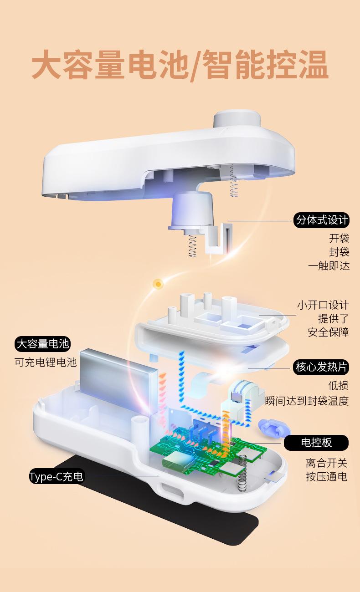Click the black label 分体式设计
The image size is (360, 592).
pyautogui.click(x=322, y=221)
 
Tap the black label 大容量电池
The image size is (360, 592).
pyautogui.click(x=43, y=343)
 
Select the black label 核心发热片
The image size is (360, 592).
pyautogui.click(x=322, y=367)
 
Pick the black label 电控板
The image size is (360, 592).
pyautogui.click(x=316, y=442)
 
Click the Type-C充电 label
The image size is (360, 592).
pyautogui.click(x=57, y=476)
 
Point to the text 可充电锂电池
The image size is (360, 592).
pyautogui.click(x=46, y=362)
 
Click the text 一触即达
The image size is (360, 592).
pyautogui.click(x=329, y=266)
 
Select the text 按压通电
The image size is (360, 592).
pyautogui.click(x=326, y=477)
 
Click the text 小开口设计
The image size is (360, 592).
pyautogui.click(x=323, y=305)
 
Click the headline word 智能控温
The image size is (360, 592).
pyautogui.click(x=264, y=66)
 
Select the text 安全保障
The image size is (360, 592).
pyautogui.click(x=328, y=332)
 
